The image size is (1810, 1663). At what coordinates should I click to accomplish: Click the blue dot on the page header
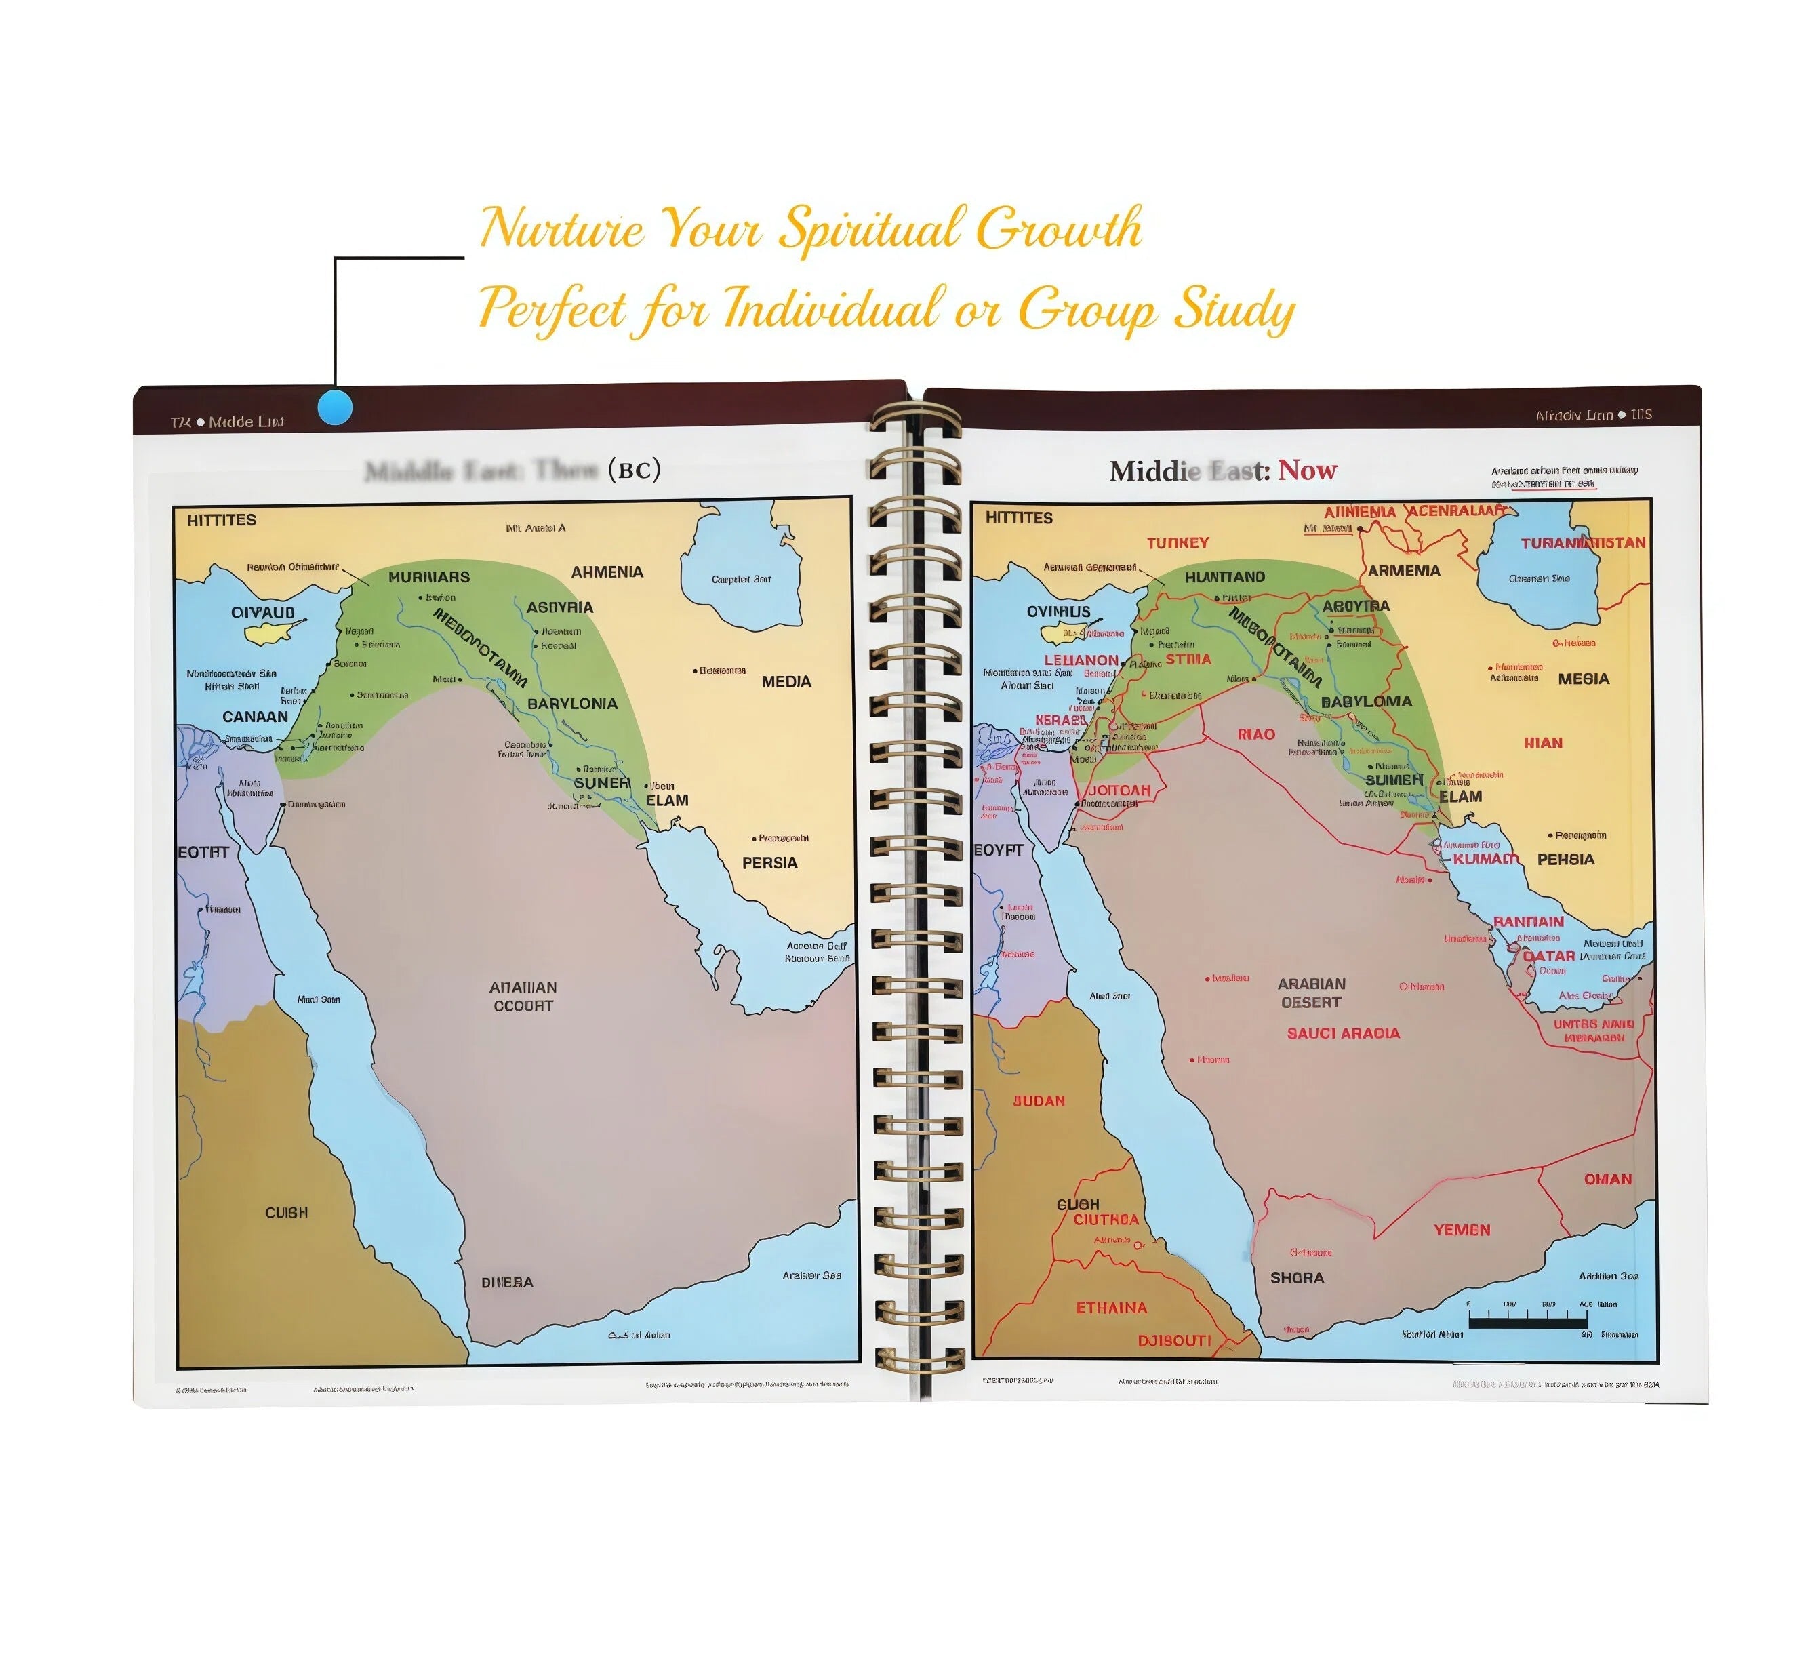tap(335, 407)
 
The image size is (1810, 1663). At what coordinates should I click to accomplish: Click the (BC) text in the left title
tap(635, 469)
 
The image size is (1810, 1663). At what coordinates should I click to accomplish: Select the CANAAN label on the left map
tap(256, 717)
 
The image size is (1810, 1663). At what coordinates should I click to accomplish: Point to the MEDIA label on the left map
tap(786, 681)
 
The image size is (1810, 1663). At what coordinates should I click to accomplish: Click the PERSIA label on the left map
tap(769, 862)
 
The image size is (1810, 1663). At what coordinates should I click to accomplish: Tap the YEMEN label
tap(1462, 1229)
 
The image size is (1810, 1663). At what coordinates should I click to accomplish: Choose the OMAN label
tap(1607, 1179)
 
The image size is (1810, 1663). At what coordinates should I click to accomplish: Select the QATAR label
tap(1549, 956)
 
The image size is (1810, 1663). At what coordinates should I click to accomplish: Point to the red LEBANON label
tap(1081, 660)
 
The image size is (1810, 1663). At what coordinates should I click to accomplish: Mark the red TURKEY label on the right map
tap(1178, 542)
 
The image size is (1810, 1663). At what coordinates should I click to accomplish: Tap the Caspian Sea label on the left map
tap(741, 579)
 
